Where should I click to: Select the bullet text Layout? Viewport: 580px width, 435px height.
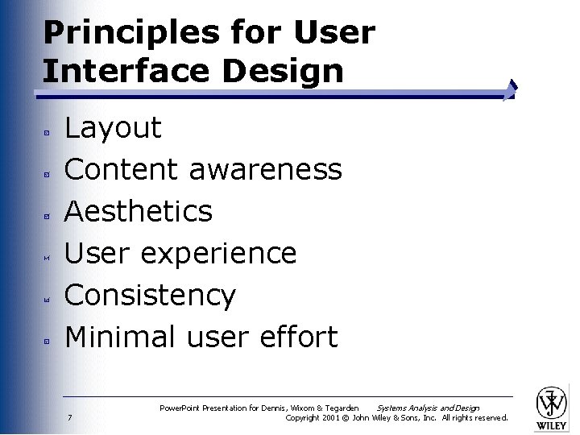pyautogui.click(x=113, y=128)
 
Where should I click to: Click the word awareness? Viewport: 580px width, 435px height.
pyautogui.click(x=265, y=170)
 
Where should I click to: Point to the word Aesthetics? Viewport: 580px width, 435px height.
pyautogui.click(x=138, y=212)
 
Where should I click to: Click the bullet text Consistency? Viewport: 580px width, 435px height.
pyautogui.click(x=150, y=296)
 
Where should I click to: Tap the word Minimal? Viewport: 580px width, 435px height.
pyautogui.click(x=121, y=337)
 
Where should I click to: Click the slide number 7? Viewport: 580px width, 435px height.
pyautogui.click(x=71, y=417)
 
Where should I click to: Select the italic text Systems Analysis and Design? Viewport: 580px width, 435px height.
pyautogui.click(x=428, y=408)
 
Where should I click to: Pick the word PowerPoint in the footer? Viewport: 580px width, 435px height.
pyautogui.click(x=181, y=408)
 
